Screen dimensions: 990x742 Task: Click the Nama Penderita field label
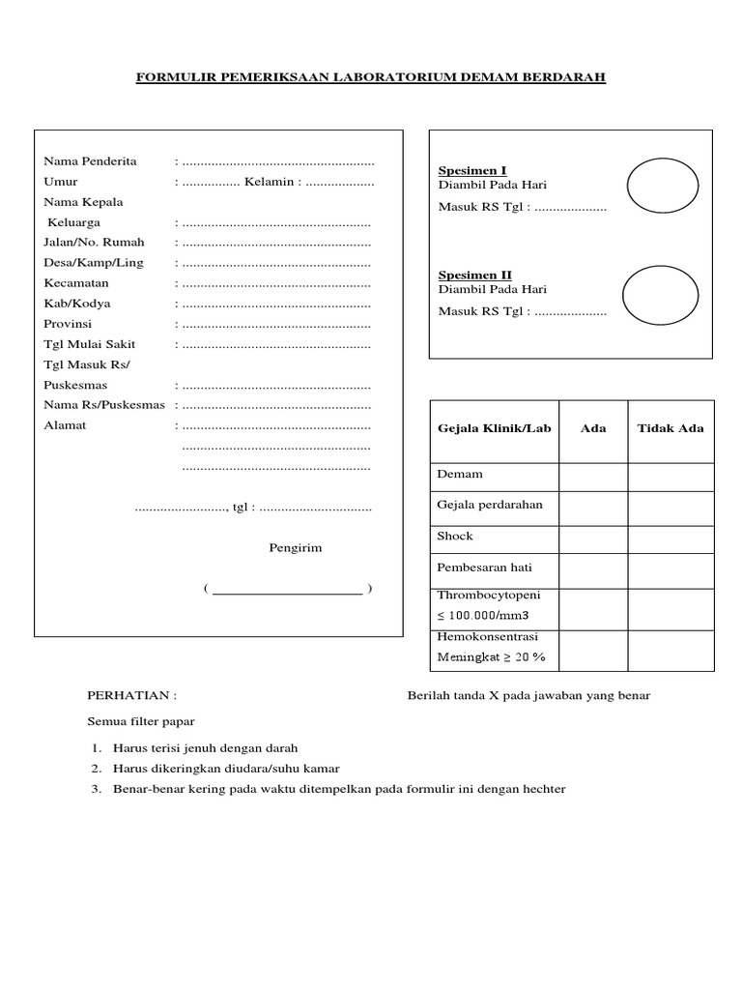pos(90,160)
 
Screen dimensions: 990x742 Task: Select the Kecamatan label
pos(76,283)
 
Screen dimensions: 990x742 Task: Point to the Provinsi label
pos(69,324)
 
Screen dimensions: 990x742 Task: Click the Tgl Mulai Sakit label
pos(90,344)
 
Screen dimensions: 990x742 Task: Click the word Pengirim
pos(295,548)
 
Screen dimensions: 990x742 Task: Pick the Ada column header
pos(593,428)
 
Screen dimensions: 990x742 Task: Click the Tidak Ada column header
pos(671,428)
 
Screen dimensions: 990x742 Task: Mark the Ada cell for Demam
pos(593,477)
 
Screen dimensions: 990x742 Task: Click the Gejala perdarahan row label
pos(490,505)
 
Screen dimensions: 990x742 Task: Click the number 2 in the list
pos(97,769)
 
